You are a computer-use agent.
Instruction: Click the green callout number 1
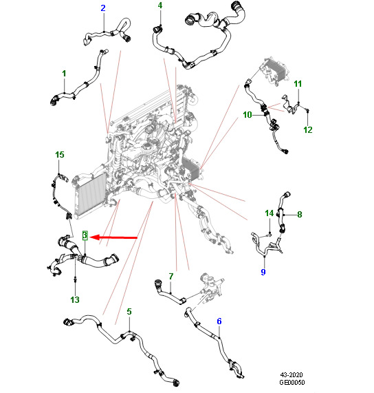pos(64,74)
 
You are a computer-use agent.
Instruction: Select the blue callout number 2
pos(103,8)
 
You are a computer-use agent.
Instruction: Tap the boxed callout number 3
pos(85,235)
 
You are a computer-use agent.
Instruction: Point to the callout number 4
pos(160,6)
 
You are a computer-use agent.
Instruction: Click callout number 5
pos(129,312)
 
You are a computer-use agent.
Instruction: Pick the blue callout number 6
pos(219,321)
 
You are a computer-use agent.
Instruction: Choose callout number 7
pos(171,277)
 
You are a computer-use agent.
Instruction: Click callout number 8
pos(300,215)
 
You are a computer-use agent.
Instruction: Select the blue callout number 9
pos(263,272)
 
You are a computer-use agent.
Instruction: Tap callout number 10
pos(247,115)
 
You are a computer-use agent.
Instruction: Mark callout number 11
pos(298,84)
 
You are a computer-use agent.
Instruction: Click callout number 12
pos(308,130)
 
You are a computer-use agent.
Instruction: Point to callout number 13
pos(75,300)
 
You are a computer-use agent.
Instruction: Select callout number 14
pos(269,213)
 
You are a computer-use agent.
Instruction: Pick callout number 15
pos(60,155)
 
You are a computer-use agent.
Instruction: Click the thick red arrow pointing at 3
pos(113,237)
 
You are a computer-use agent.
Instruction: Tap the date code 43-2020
pos(291,375)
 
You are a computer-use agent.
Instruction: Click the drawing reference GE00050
pos(292,382)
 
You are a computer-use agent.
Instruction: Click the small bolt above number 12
pos(308,110)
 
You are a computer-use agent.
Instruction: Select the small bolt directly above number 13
pos(75,279)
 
